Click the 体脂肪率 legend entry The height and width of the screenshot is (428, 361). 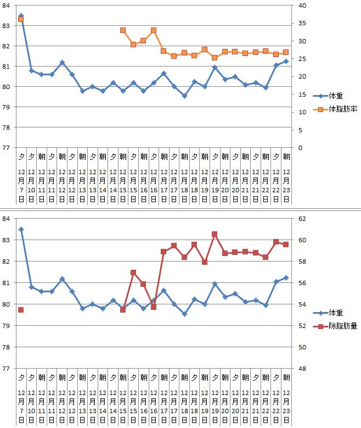coord(343,109)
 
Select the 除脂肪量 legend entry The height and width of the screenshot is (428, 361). coord(343,326)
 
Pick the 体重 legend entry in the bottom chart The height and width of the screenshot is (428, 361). coord(336,313)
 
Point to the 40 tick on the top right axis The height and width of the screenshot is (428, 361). coord(301,5)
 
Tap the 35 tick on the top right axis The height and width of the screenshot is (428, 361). coord(301,24)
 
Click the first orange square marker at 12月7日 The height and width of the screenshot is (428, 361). coord(21,19)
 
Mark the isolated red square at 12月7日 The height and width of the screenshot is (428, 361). coord(21,310)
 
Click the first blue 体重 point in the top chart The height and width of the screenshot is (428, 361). coord(21,16)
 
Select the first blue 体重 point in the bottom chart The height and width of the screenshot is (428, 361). coord(21,230)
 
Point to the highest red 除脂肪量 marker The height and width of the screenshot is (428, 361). coord(215,234)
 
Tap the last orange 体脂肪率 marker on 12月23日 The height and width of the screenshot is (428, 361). coord(286,52)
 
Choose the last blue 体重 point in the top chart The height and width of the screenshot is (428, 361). coord(286,61)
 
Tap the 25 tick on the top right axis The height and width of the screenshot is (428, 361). coord(301,59)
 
